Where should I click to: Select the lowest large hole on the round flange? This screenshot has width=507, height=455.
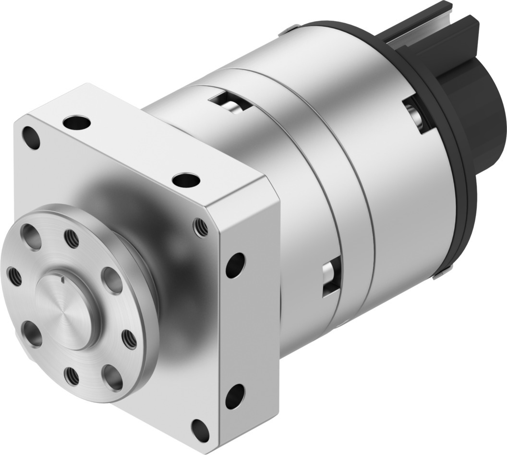pos(112,377)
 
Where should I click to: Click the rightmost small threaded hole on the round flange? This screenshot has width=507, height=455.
pos(129,339)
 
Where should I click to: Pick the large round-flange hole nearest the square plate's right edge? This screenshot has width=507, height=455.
pos(112,280)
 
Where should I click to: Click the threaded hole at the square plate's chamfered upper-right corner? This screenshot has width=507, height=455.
pos(201,227)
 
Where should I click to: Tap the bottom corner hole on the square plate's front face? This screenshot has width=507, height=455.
pos(200,427)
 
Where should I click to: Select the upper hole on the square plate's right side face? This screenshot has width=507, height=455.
pos(235,265)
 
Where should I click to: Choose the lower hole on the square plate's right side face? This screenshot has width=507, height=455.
pos(235,396)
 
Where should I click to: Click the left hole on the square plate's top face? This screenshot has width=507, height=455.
pos(77,123)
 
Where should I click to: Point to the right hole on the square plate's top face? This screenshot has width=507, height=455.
pos(186,181)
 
